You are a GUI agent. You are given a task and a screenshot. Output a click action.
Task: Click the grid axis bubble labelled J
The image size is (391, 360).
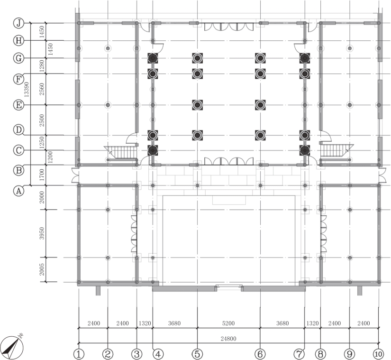tap(18, 23)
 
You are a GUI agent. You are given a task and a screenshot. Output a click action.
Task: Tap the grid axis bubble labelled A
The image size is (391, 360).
tap(18, 191)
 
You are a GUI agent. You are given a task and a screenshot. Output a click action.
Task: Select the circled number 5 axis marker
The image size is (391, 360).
tap(197, 354)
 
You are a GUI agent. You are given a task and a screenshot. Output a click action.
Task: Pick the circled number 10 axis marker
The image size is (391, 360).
tap(378, 354)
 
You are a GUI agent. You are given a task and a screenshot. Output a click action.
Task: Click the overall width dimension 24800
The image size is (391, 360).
tap(228, 339)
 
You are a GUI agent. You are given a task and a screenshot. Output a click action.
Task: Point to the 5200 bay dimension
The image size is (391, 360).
tap(228, 323)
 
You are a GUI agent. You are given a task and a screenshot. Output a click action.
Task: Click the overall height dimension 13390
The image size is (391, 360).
tap(27, 89)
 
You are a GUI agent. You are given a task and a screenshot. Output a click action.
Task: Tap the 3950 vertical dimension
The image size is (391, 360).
tap(42, 233)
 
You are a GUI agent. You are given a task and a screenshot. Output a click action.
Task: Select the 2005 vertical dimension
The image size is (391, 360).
tap(42, 269)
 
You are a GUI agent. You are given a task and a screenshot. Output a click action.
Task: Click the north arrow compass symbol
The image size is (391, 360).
tap(12, 347)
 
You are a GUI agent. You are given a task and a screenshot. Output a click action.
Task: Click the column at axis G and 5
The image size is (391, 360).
tap(197, 58)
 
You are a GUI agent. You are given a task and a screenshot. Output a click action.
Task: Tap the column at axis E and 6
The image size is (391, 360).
tap(260, 105)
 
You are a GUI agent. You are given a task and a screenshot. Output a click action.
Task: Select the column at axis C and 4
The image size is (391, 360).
tap(153, 150)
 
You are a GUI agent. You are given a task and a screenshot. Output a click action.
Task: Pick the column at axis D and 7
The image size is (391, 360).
tap(305, 135)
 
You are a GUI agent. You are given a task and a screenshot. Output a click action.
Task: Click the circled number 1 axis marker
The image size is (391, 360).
tap(79, 354)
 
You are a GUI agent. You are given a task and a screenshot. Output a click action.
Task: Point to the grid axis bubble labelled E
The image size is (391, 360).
tap(18, 105)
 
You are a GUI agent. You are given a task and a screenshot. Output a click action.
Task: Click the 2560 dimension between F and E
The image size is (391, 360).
tap(42, 89)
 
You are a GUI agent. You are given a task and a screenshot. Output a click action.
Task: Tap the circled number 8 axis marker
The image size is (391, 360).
tap(320, 354)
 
